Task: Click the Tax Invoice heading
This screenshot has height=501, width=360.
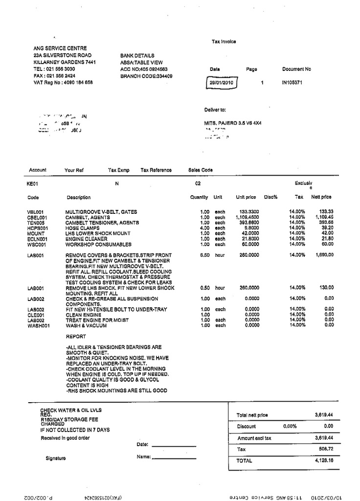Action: click(x=224, y=42)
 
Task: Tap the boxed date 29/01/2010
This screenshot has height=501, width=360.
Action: click(x=221, y=83)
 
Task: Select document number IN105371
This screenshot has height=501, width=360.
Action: click(x=292, y=83)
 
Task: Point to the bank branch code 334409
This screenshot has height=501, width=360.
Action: click(x=146, y=76)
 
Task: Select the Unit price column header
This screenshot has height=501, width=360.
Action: click(x=246, y=197)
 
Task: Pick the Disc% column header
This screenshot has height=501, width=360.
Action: click(x=271, y=197)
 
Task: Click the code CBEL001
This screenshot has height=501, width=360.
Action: click(x=37, y=217)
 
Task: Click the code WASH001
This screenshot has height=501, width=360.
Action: click(x=38, y=325)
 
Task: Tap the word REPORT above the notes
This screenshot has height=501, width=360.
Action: click(x=76, y=337)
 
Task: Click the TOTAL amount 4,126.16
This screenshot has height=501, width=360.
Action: click(x=324, y=460)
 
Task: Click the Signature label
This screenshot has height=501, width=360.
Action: click(x=56, y=458)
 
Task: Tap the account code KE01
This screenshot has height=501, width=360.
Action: click(x=33, y=184)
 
